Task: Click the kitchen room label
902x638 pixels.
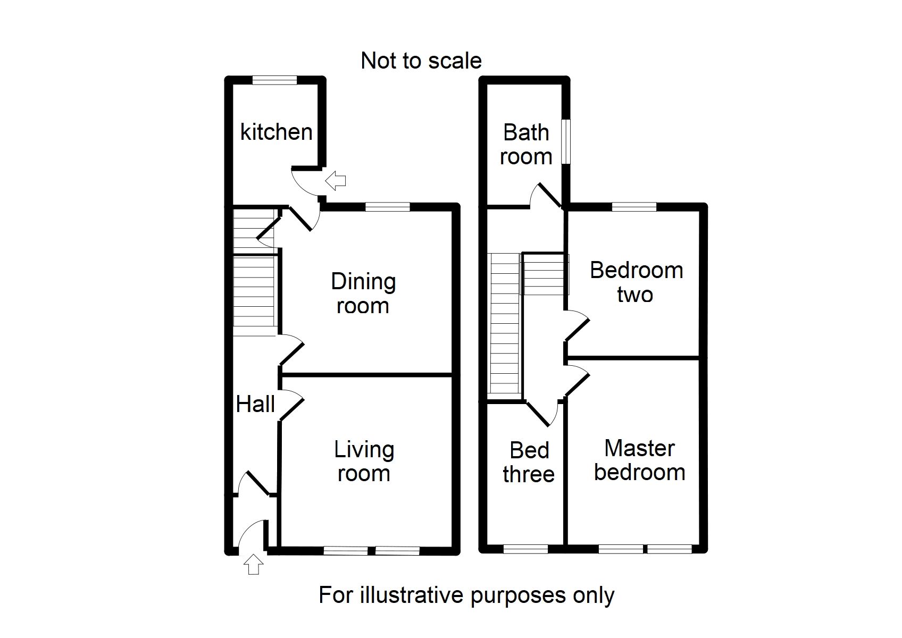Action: [276, 132]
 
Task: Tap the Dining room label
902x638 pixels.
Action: [363, 293]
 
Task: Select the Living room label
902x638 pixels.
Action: [364, 461]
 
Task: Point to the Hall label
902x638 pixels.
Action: [255, 404]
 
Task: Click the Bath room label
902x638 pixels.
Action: [526, 144]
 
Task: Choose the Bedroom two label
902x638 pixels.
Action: [636, 282]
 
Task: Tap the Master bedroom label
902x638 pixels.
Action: [639, 460]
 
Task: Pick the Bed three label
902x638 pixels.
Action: [529, 462]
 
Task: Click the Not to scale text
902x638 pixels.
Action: [421, 61]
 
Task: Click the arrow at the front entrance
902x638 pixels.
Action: [254, 564]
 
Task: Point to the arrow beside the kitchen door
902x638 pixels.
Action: [336, 180]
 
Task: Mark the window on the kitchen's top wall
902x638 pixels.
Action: [274, 80]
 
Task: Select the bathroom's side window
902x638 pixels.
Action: [566, 141]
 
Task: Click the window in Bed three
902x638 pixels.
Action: [525, 549]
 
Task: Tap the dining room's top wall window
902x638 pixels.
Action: [388, 207]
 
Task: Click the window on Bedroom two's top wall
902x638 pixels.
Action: [634, 207]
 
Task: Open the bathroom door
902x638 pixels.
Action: [548, 196]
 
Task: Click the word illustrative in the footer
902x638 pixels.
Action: [413, 595]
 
